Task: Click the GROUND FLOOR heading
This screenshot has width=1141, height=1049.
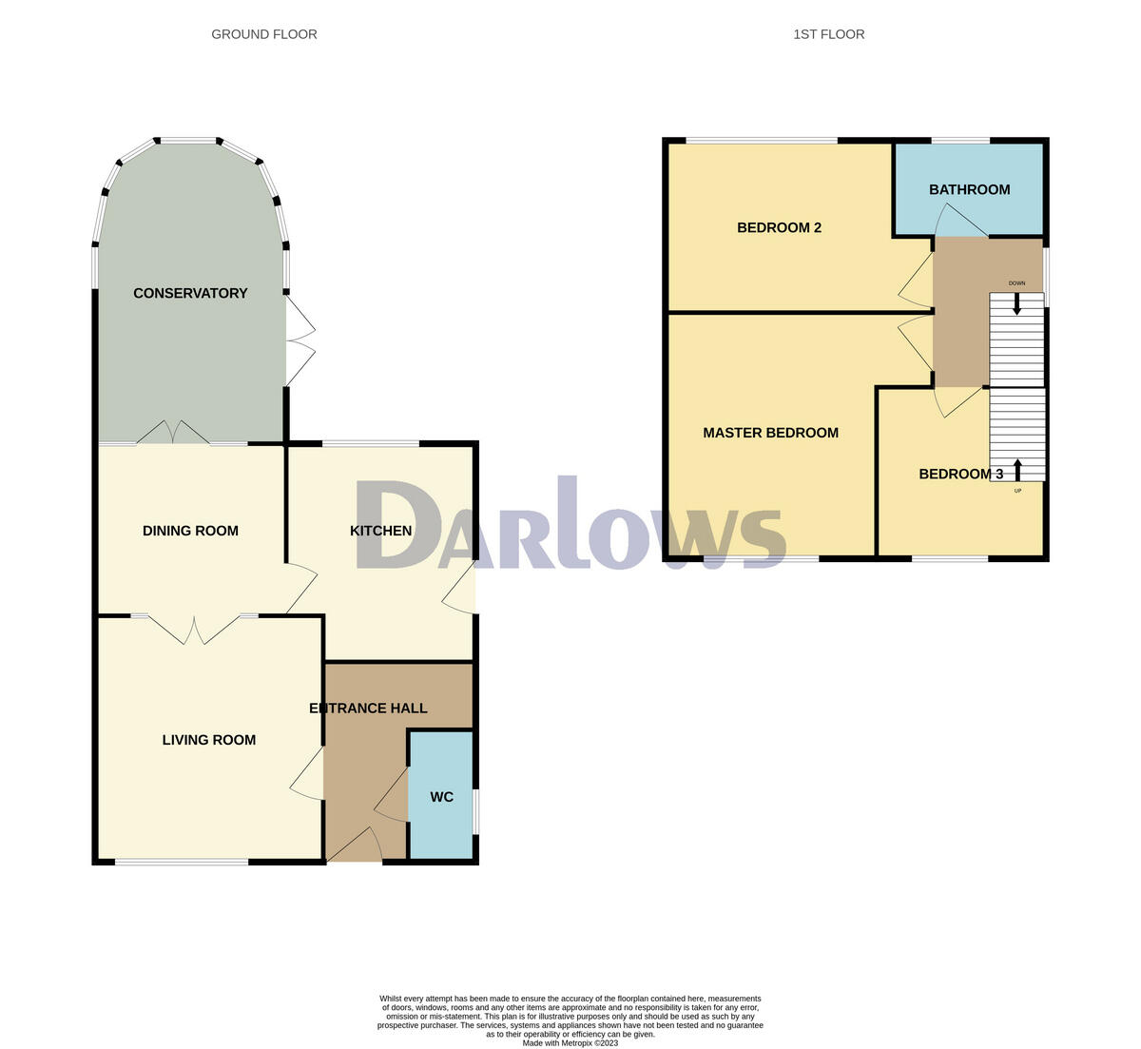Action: coord(263,34)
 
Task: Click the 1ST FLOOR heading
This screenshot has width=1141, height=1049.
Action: coord(828,34)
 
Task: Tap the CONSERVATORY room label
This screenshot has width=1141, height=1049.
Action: coord(190,293)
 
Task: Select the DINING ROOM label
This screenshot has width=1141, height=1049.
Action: coord(190,531)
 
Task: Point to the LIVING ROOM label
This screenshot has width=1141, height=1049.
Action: coord(208,740)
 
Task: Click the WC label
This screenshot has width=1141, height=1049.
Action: coord(441,797)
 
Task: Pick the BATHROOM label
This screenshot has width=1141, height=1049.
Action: coord(969,189)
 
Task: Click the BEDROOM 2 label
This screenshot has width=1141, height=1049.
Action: coord(779,227)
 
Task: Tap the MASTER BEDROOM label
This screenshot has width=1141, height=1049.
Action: coord(770,433)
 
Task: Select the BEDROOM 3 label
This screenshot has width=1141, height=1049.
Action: coord(960,474)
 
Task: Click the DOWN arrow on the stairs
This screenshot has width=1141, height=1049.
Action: coord(1016,304)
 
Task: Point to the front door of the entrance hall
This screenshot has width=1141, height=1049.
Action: coord(355,846)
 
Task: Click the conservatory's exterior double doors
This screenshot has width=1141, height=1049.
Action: coord(300,340)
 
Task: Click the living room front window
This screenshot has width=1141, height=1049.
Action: coord(182,863)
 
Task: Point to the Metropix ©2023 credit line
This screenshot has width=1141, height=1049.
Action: coord(570,1042)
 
